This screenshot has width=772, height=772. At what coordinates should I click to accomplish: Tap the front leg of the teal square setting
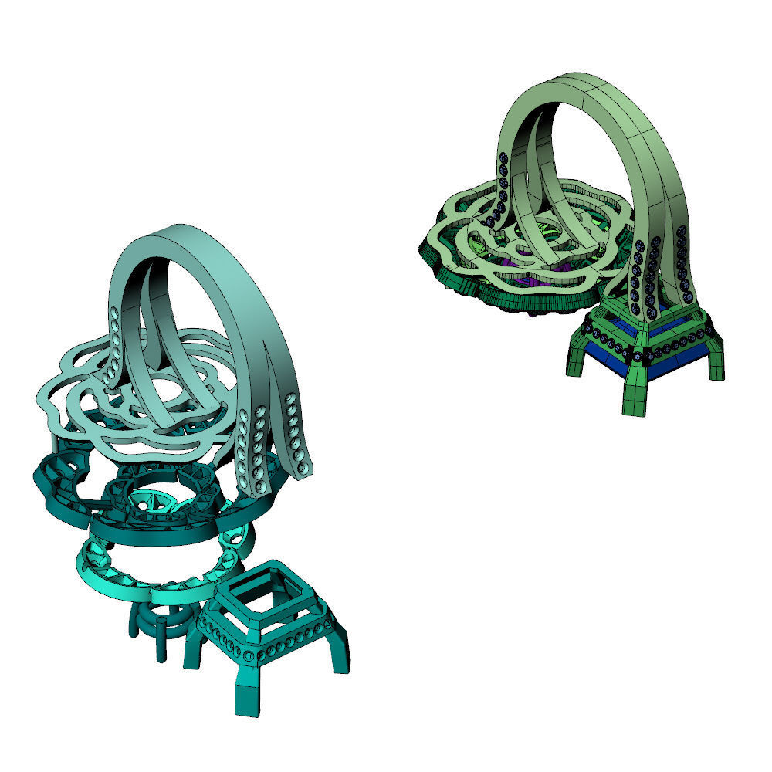[x=246, y=695]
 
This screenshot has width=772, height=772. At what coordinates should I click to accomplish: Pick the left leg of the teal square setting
[x=191, y=653]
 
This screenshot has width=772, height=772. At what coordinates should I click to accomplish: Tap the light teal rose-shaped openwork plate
[x=69, y=401]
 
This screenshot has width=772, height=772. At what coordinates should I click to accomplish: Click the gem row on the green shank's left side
[x=498, y=189]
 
